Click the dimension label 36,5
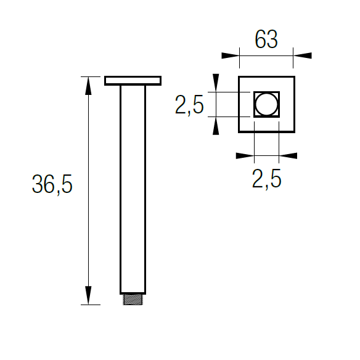(52, 184)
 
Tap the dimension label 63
(266, 39)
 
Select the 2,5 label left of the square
(189, 105)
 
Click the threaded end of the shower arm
(133, 300)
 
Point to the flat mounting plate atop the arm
(133, 81)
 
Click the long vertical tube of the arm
(133, 190)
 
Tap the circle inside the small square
(266, 104)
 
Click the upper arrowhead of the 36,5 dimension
(88, 86)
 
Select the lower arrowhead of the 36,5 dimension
(88, 295)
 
